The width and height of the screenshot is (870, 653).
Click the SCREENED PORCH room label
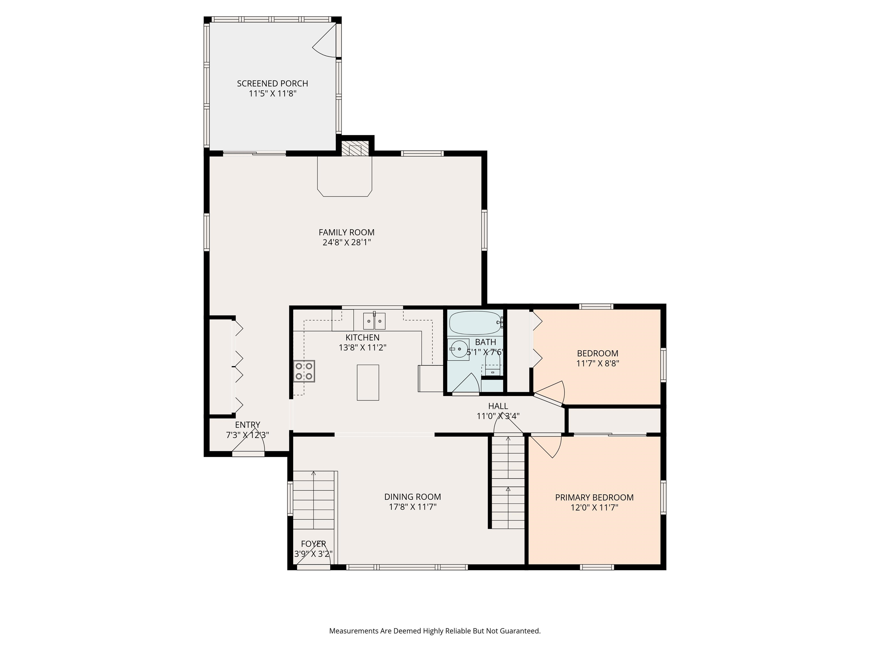pos(272,83)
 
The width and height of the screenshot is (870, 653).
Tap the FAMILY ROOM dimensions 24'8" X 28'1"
pos(347,242)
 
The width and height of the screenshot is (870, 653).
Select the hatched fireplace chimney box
pos(355,149)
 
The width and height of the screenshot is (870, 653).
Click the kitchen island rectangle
pos(368,383)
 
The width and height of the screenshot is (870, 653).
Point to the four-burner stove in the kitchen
pos(304,371)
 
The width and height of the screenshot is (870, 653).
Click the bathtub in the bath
pos(476,323)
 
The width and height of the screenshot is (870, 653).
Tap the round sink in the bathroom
pos(458,349)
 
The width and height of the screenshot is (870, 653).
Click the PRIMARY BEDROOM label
pos(594,497)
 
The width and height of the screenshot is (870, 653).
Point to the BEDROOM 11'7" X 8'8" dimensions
pos(598,363)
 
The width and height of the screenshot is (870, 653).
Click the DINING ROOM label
pos(413,497)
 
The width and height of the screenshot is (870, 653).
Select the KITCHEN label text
pos(362,337)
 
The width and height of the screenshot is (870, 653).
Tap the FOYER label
pos(314,544)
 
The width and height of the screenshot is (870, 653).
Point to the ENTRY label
pos(248,425)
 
